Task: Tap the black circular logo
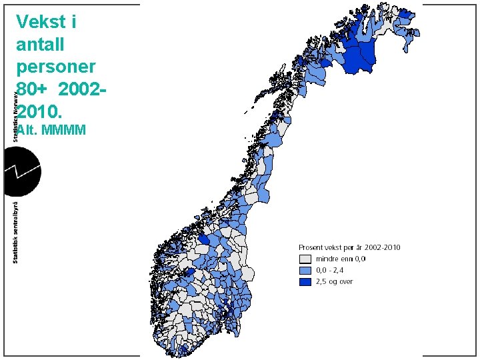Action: (22, 171)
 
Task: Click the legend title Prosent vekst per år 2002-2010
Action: (349, 247)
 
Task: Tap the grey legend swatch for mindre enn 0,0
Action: (305, 259)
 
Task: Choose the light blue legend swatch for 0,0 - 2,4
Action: (305, 270)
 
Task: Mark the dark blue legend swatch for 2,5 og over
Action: (305, 281)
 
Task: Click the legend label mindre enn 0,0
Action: (339, 259)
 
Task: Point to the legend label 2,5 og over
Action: (334, 281)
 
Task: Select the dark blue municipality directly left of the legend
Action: (205, 241)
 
